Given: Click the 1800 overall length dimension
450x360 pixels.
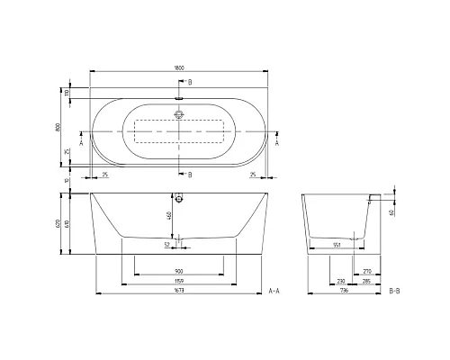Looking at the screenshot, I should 181,65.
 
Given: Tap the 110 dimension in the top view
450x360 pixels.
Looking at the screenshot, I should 66,94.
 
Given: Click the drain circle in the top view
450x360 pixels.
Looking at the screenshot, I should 180,115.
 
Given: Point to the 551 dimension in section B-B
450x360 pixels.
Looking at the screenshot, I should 337,245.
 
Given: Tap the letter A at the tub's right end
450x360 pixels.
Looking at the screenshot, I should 275,142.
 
